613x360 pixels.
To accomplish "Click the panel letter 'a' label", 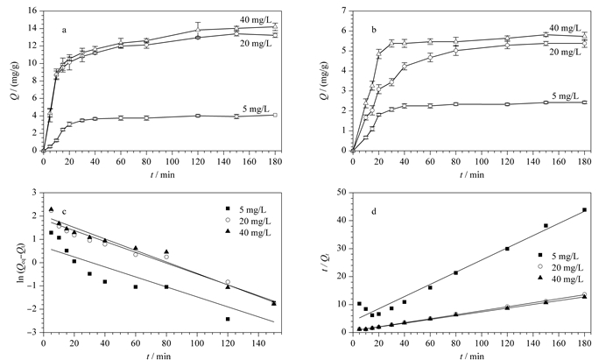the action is point(64,30).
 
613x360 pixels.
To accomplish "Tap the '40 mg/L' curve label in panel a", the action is point(256,19).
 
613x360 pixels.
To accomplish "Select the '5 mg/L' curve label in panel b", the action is point(566,96).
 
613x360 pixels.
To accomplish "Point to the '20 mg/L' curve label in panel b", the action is point(566,53).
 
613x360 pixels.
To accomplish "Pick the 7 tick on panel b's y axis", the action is point(343,11).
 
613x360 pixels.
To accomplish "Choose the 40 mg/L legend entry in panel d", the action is point(560,279).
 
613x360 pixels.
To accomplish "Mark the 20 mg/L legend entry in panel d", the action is point(560,268).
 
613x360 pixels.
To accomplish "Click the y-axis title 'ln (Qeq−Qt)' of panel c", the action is point(25,262).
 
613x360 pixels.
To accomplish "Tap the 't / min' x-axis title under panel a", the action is point(162,174).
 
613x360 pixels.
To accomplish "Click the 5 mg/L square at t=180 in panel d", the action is point(584,210).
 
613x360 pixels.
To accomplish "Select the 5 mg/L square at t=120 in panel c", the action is point(228,319).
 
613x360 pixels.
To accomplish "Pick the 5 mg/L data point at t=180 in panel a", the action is point(275,115).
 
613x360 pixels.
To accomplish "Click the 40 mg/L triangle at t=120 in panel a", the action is point(198,30).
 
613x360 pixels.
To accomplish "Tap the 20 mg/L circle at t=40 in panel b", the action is point(405,67).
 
